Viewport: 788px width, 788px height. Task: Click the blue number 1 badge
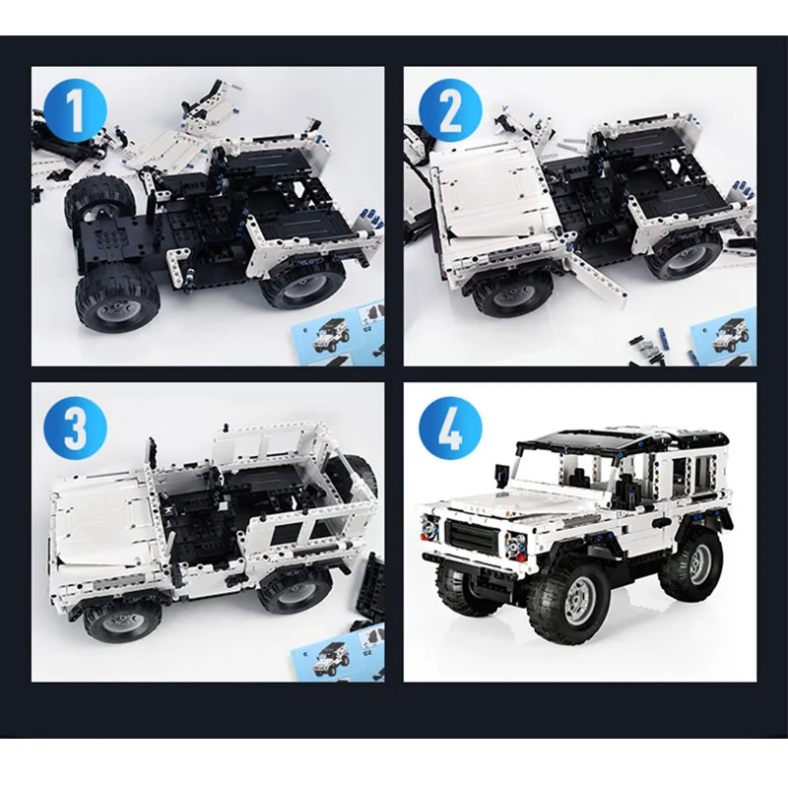point(76,111)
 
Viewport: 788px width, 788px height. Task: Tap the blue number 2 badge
point(450,111)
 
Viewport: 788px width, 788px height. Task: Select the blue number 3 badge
point(76,427)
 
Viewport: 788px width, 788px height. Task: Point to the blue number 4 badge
point(450,427)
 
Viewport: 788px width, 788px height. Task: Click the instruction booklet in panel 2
point(724,337)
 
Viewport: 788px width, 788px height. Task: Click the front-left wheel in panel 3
point(122,621)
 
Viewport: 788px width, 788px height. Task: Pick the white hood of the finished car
point(502,503)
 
